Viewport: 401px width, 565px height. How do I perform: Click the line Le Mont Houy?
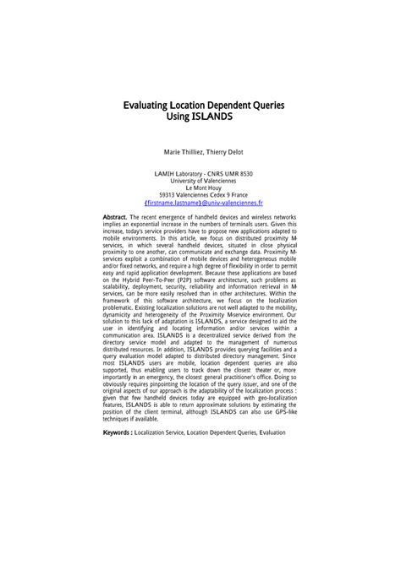click(x=200, y=188)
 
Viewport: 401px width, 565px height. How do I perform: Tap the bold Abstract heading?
click(x=114, y=218)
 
